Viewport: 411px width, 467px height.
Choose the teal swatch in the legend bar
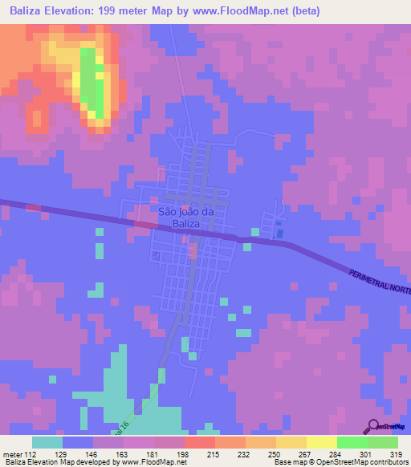coord(47,442)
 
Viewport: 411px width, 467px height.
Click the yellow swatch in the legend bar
coord(321,442)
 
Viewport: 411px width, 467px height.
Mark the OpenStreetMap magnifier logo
coord(373,427)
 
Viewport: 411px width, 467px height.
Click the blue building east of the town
coord(279,233)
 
